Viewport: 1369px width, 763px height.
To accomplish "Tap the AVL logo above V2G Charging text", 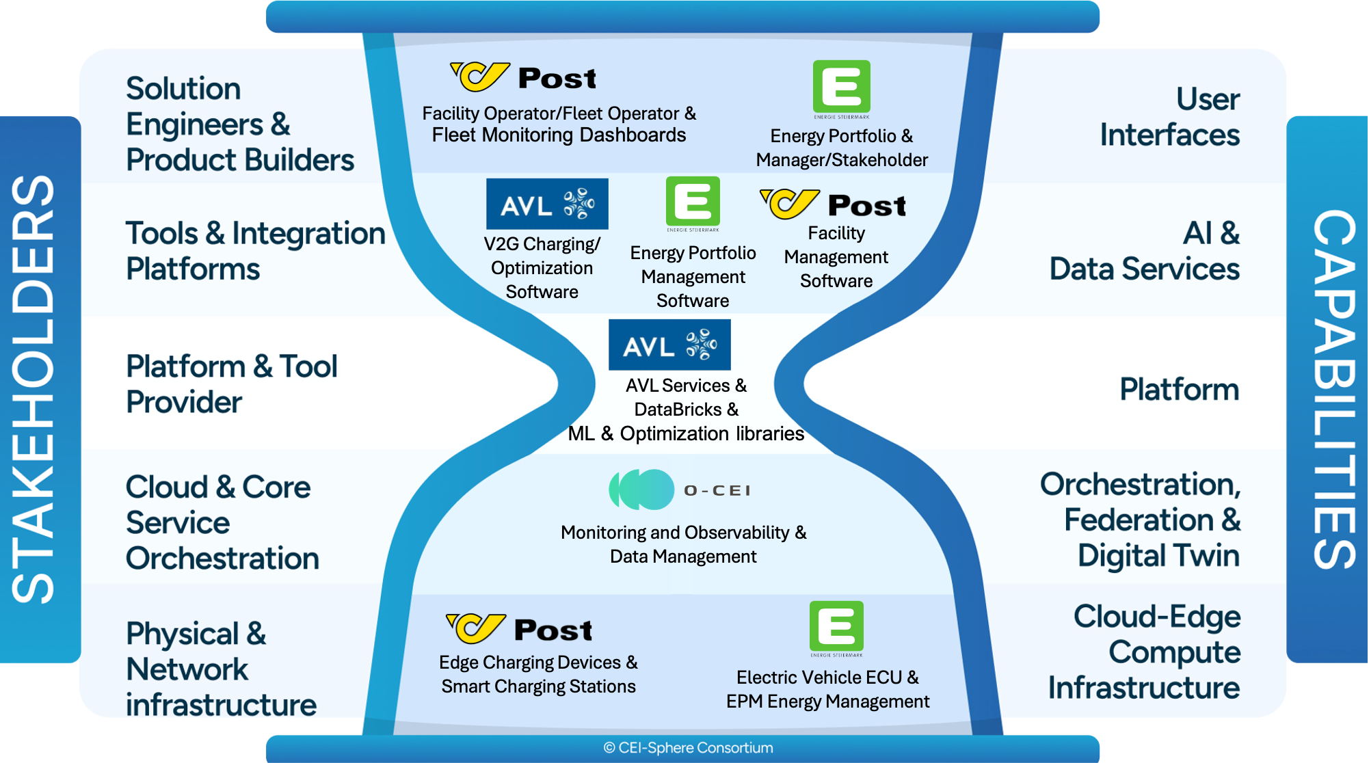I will (547, 204).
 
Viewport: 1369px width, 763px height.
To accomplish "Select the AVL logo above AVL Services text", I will (669, 345).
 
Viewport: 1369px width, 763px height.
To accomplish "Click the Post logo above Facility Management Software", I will (833, 204).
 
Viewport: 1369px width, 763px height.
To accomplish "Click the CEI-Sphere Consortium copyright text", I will (688, 748).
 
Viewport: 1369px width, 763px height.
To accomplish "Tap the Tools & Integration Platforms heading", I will (254, 251).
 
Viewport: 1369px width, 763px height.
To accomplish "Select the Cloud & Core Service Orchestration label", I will (222, 522).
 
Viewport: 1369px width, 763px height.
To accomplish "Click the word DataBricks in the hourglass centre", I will (677, 410).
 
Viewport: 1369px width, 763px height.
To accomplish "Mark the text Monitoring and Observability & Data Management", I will (683, 544).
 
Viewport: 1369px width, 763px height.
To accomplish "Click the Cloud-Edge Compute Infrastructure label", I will (1145, 652).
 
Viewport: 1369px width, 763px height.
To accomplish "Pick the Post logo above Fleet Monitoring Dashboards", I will (523, 77).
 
